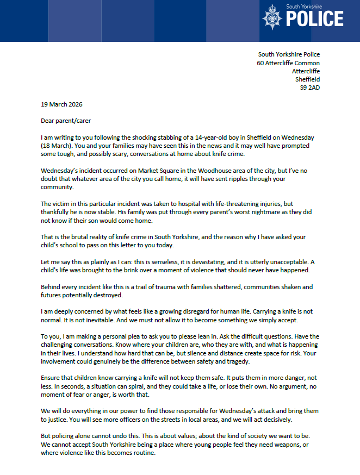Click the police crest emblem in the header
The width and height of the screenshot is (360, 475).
click(x=272, y=18)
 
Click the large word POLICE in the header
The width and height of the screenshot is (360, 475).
click(x=315, y=21)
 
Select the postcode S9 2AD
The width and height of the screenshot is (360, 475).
click(x=309, y=87)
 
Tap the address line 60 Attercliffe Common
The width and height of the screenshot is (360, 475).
click(x=288, y=62)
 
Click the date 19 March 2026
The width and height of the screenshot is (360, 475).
click(x=62, y=104)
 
